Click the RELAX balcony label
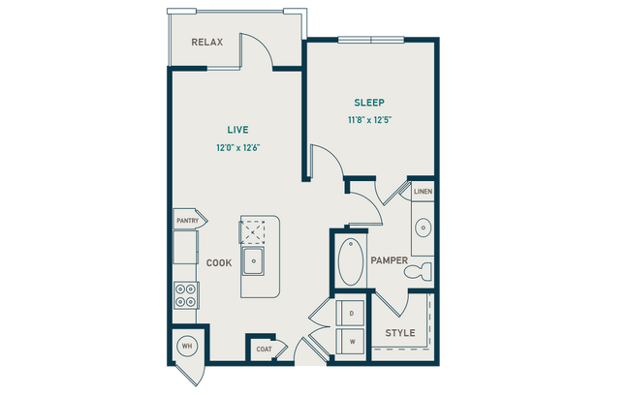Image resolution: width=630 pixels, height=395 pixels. [207, 43]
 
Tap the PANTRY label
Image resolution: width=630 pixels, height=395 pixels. [187, 221]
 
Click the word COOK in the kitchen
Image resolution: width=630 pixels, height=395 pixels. [218, 262]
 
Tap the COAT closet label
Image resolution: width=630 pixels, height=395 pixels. [264, 349]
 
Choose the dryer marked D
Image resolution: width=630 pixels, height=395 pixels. [351, 314]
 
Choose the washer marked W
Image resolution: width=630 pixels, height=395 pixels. [351, 341]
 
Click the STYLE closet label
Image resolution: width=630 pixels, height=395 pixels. [400, 333]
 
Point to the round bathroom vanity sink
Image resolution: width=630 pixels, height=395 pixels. [424, 228]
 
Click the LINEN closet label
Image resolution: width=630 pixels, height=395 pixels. [424, 192]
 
